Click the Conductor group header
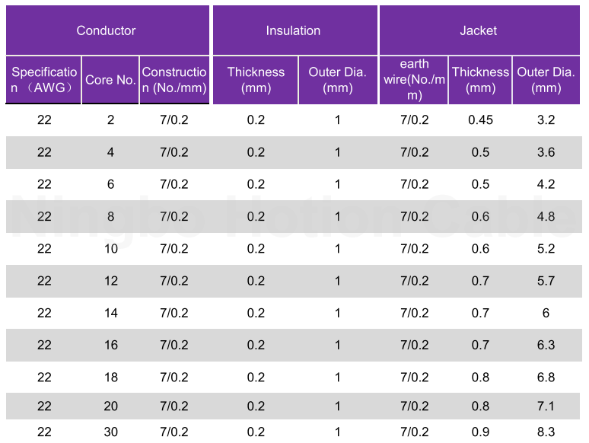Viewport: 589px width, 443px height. (106, 30)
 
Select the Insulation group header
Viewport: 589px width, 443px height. (293, 30)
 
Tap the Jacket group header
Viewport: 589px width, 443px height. (478, 30)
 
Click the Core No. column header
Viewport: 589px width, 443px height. (110, 80)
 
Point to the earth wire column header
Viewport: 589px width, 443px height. (414, 79)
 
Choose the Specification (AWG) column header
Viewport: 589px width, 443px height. (44, 80)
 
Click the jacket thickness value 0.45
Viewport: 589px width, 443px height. (480, 120)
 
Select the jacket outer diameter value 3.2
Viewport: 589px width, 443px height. (546, 120)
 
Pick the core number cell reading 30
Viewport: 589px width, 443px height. (111, 432)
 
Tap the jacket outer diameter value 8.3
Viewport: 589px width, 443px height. (546, 432)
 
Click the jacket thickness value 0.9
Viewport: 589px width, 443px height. (480, 432)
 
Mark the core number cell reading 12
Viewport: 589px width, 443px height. (111, 281)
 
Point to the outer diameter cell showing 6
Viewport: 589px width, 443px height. (546, 313)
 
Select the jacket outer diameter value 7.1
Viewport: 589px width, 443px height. (546, 406)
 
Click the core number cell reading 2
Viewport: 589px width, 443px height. (110, 120)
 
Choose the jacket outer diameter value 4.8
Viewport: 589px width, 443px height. (546, 217)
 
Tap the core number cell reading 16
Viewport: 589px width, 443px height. (111, 346)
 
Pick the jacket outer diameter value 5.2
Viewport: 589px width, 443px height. (546, 249)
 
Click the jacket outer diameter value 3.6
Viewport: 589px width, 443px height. (546, 152)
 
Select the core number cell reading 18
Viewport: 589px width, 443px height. (111, 378)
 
